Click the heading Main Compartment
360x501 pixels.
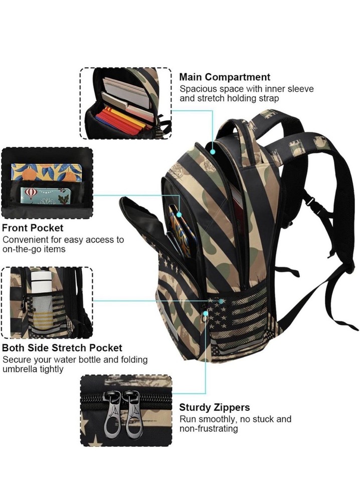pyautogui.click(x=225, y=77)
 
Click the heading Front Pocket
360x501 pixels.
pyautogui.click(x=33, y=228)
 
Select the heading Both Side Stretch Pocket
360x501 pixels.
pyautogui.click(x=62, y=348)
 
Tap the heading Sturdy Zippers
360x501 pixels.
pyautogui.click(x=215, y=407)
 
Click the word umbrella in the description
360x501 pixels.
pyautogui.click(x=19, y=369)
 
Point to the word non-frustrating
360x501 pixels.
pyautogui.click(x=209, y=428)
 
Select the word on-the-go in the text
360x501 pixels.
pyautogui.click(x=22, y=249)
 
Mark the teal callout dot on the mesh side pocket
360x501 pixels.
pyautogui.click(x=221, y=301)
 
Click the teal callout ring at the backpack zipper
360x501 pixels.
pyautogui.click(x=206, y=313)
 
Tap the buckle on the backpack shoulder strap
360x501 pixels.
pyautogui.click(x=309, y=201)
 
